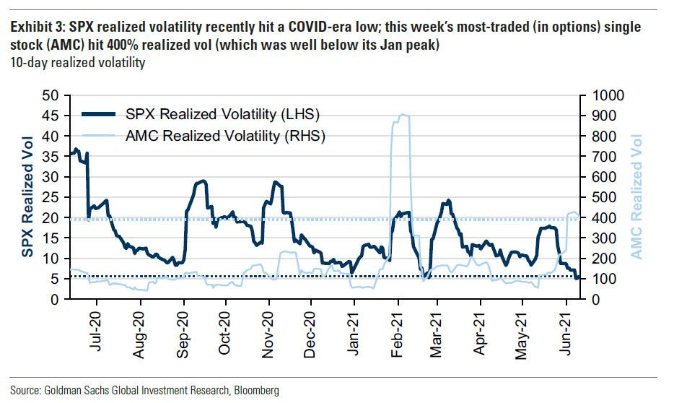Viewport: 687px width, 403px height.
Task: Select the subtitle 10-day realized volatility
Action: click(x=77, y=63)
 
